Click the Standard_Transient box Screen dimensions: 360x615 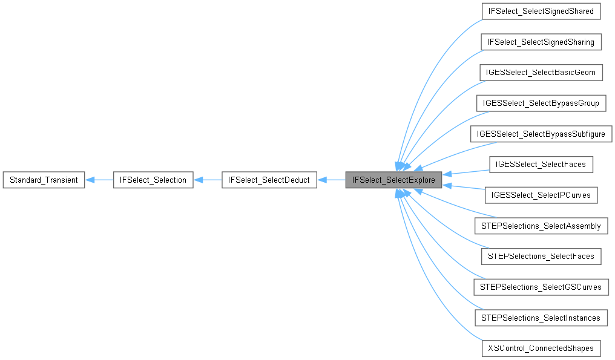pos(44,180)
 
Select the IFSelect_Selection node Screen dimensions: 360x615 pos(153,180)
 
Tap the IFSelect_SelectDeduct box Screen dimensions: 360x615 pos(269,180)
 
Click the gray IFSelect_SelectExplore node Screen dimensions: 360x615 pos(393,180)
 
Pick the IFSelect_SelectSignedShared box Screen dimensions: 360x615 pos(541,11)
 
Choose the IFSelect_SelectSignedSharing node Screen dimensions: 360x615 pos(541,42)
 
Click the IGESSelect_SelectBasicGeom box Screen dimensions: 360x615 pos(541,73)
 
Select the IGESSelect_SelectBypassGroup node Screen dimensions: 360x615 pos(541,103)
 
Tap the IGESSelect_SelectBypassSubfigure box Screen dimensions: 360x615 pos(541,134)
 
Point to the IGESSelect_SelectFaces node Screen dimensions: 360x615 pos(541,165)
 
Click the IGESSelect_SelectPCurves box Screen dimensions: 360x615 pos(541,195)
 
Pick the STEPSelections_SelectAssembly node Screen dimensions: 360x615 pos(541,226)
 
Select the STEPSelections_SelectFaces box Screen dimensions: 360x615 pos(541,257)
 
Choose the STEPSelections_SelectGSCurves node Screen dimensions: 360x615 pos(541,287)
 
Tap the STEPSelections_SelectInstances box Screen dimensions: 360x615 pos(541,318)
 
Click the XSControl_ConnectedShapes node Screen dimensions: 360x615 pos(541,349)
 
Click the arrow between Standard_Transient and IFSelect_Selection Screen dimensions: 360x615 pos(99,180)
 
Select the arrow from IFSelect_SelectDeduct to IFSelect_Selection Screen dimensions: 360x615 pos(208,180)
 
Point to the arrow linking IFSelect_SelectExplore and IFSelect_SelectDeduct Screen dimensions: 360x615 pos(331,180)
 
